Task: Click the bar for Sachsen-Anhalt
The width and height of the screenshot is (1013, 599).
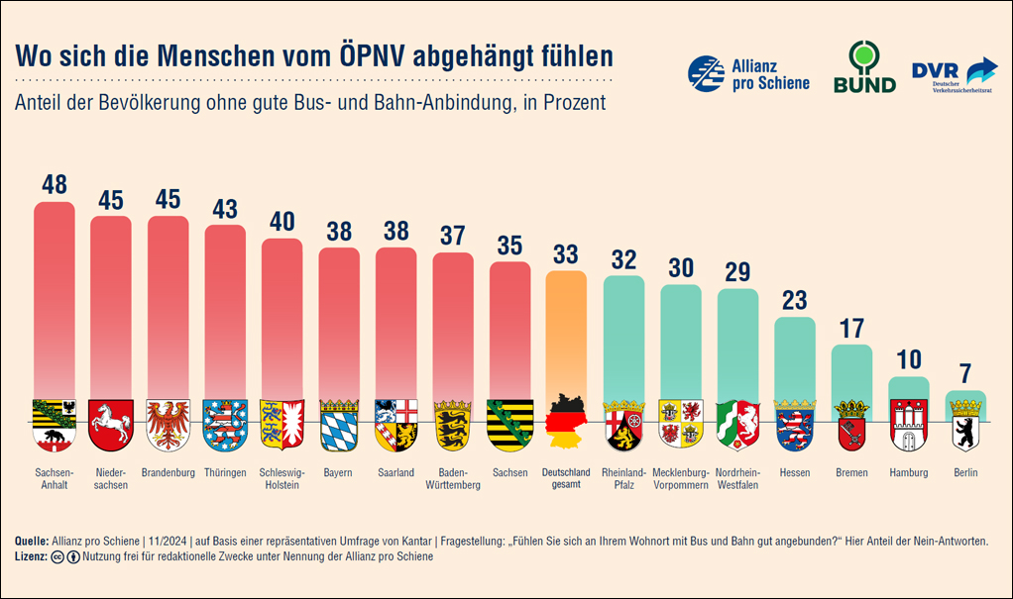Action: pyautogui.click(x=55, y=297)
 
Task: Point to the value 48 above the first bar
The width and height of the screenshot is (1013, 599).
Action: pyautogui.click(x=55, y=184)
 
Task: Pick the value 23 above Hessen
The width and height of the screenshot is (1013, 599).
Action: pyautogui.click(x=795, y=300)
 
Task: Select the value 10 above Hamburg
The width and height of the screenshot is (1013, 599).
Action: pyautogui.click(x=909, y=358)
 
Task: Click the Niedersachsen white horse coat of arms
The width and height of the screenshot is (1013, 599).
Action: pyautogui.click(x=111, y=424)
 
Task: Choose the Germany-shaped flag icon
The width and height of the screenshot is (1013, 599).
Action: pyautogui.click(x=566, y=422)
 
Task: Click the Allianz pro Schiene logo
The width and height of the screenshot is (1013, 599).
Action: pyautogui.click(x=748, y=73)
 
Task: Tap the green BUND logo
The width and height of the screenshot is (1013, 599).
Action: pyautogui.click(x=863, y=67)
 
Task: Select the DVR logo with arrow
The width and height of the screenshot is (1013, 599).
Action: pyautogui.click(x=955, y=74)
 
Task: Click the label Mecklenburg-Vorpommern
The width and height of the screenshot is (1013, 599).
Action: pyautogui.click(x=681, y=478)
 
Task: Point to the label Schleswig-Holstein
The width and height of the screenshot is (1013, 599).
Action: pyautogui.click(x=281, y=478)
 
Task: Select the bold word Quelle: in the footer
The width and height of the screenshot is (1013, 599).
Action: pyautogui.click(x=33, y=542)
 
